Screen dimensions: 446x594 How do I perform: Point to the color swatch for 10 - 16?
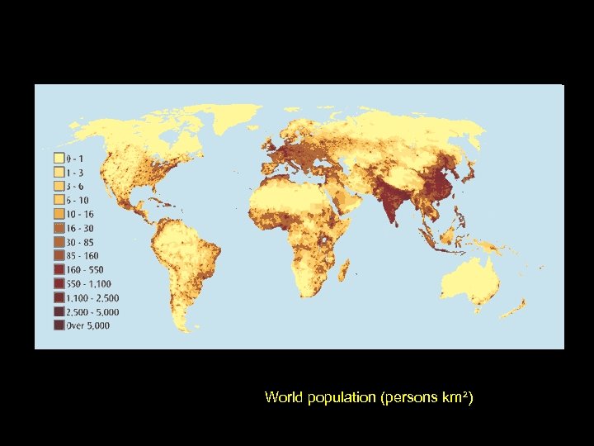[59, 213]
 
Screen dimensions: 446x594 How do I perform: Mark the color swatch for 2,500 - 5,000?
[59, 311]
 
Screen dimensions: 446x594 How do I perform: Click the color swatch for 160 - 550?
[59, 269]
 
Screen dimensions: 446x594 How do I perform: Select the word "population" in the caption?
[338, 398]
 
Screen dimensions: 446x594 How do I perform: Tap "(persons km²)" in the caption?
[427, 398]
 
